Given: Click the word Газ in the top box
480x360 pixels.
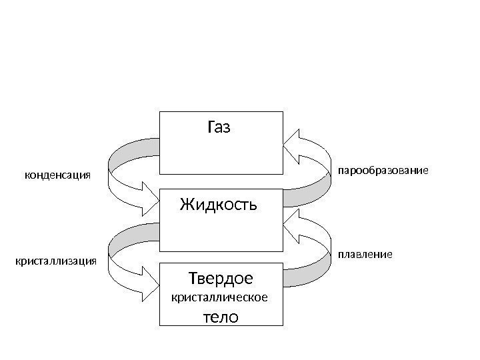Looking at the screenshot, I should [x=219, y=127].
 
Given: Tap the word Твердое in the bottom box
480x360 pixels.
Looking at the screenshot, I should [x=221, y=277].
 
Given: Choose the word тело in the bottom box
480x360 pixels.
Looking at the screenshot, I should [x=220, y=316].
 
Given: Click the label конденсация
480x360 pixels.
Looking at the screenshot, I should [x=57, y=175].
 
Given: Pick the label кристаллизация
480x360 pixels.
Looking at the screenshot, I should [x=56, y=261].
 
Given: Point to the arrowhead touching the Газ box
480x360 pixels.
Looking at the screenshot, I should [x=293, y=143].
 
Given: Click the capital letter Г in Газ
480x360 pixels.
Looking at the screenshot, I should [x=212, y=127].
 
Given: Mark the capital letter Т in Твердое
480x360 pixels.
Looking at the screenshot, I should [x=195, y=277].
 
